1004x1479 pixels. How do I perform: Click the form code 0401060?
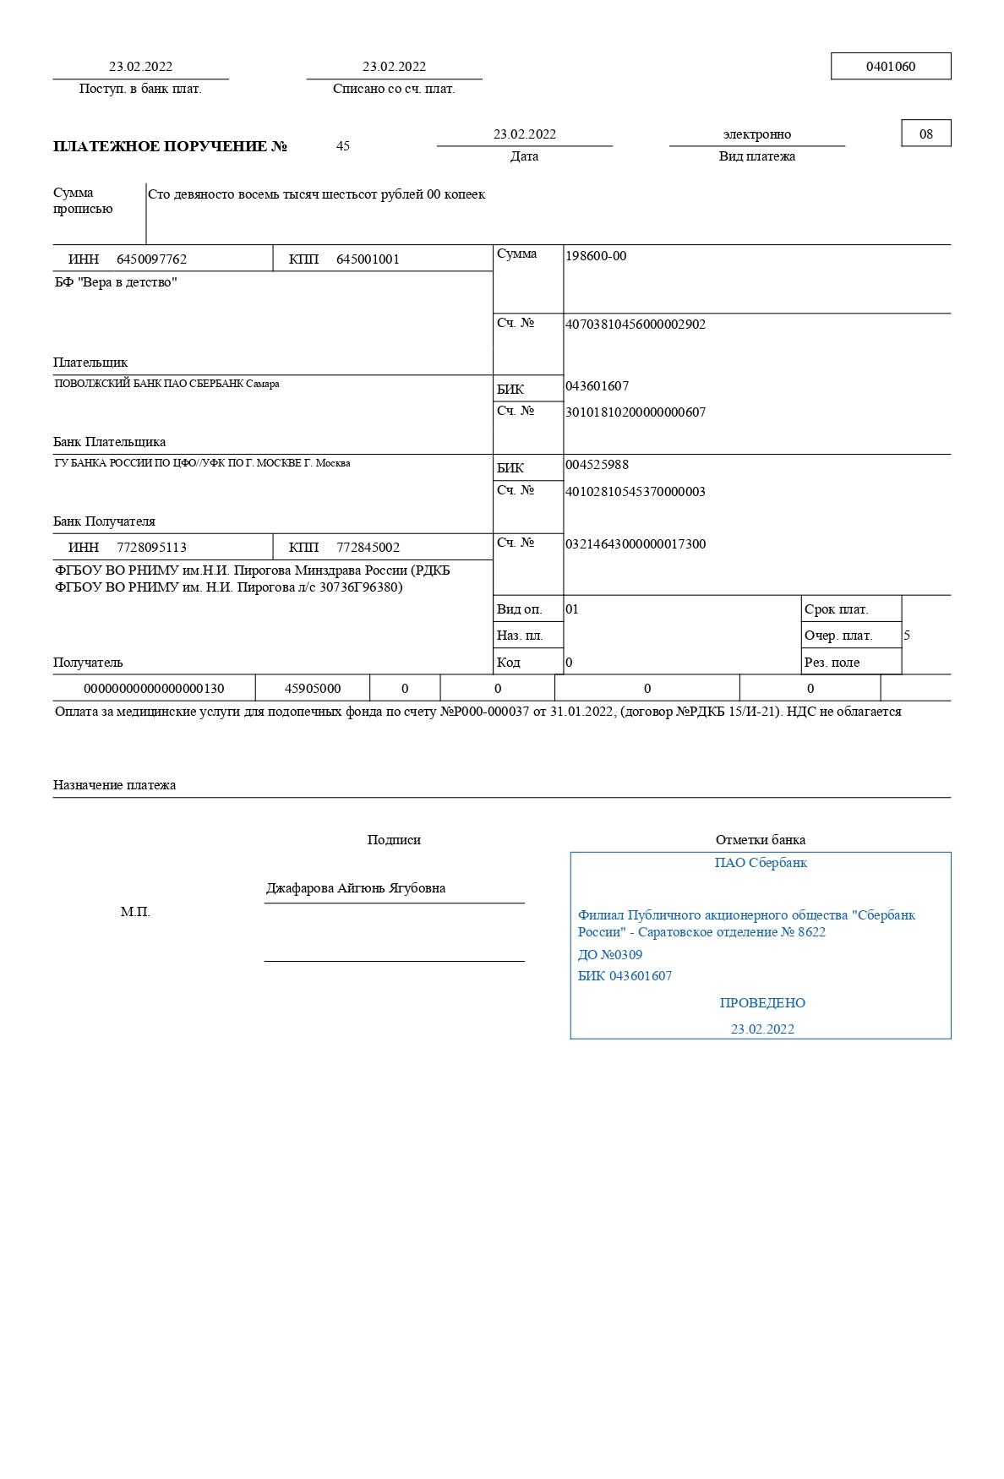pyautogui.click(x=890, y=67)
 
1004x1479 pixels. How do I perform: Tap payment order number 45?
pyautogui.click(x=343, y=146)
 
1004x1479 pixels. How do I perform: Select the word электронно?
pyautogui.click(x=756, y=134)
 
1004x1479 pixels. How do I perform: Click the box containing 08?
pyautogui.click(x=925, y=134)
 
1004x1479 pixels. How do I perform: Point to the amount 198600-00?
pyautogui.click(x=596, y=256)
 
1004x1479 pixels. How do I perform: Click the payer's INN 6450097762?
pyautogui.click(x=151, y=259)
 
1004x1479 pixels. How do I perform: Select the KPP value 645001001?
pyautogui.click(x=368, y=259)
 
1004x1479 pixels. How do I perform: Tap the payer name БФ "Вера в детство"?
pyautogui.click(x=116, y=282)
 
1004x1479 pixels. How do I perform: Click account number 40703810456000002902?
pyautogui.click(x=635, y=325)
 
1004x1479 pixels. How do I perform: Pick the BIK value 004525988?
pyautogui.click(x=597, y=465)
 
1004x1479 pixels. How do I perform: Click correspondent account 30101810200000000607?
pyautogui.click(x=635, y=412)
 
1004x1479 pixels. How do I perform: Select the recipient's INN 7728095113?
pyautogui.click(x=151, y=548)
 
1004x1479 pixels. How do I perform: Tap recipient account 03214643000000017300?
pyautogui.click(x=635, y=544)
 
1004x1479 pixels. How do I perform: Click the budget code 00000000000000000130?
pyautogui.click(x=154, y=689)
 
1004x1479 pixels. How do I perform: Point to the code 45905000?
pyautogui.click(x=313, y=689)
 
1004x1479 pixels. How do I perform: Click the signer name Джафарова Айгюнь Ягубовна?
pyautogui.click(x=356, y=888)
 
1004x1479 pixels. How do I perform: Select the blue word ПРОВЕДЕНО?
pyautogui.click(x=762, y=1003)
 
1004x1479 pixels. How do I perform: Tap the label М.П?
pyautogui.click(x=135, y=912)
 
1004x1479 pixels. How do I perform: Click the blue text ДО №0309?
pyautogui.click(x=609, y=955)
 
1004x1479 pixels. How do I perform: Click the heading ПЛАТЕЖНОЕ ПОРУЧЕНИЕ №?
pyautogui.click(x=170, y=146)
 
